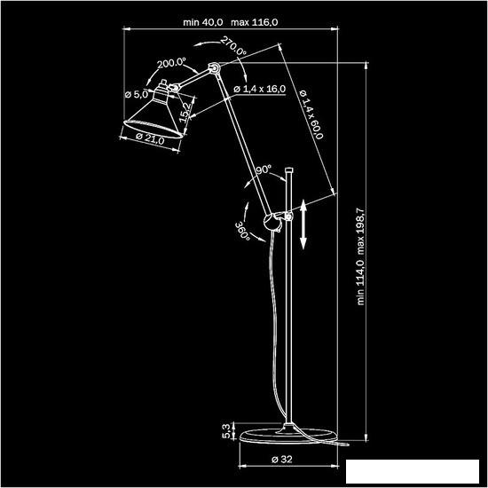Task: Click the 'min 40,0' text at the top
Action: pyautogui.click(x=203, y=22)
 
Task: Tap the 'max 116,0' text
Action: pyautogui.click(x=255, y=22)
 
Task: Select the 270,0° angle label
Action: pyautogui.click(x=233, y=46)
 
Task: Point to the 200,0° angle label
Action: pyautogui.click(x=171, y=63)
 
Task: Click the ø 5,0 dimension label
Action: pyautogui.click(x=137, y=94)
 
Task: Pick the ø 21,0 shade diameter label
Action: pyautogui.click(x=150, y=138)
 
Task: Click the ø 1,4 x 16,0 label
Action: pyautogui.click(x=260, y=90)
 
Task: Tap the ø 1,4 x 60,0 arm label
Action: pyautogui.click(x=311, y=114)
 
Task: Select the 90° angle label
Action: pyautogui.click(x=264, y=170)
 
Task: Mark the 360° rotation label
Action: pyautogui.click(x=242, y=232)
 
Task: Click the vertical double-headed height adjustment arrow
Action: pyautogui.click(x=303, y=224)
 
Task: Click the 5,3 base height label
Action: pyautogui.click(x=227, y=430)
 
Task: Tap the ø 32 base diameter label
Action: pyautogui.click(x=282, y=460)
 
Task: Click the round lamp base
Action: pyautogui.click(x=288, y=436)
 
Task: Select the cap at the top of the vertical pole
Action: pyautogui.click(x=289, y=170)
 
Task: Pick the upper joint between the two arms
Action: pyautogui.click(x=215, y=67)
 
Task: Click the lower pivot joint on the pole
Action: pyautogui.click(x=272, y=222)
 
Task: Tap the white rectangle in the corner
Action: pyautogui.click(x=413, y=472)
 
